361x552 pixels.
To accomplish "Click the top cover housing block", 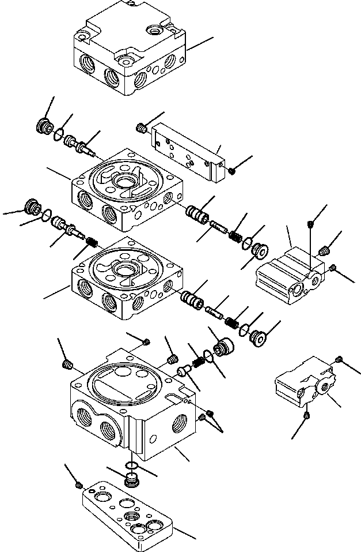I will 130,52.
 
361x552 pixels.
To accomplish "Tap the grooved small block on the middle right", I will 288,273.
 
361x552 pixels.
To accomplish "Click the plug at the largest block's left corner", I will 67,363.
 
